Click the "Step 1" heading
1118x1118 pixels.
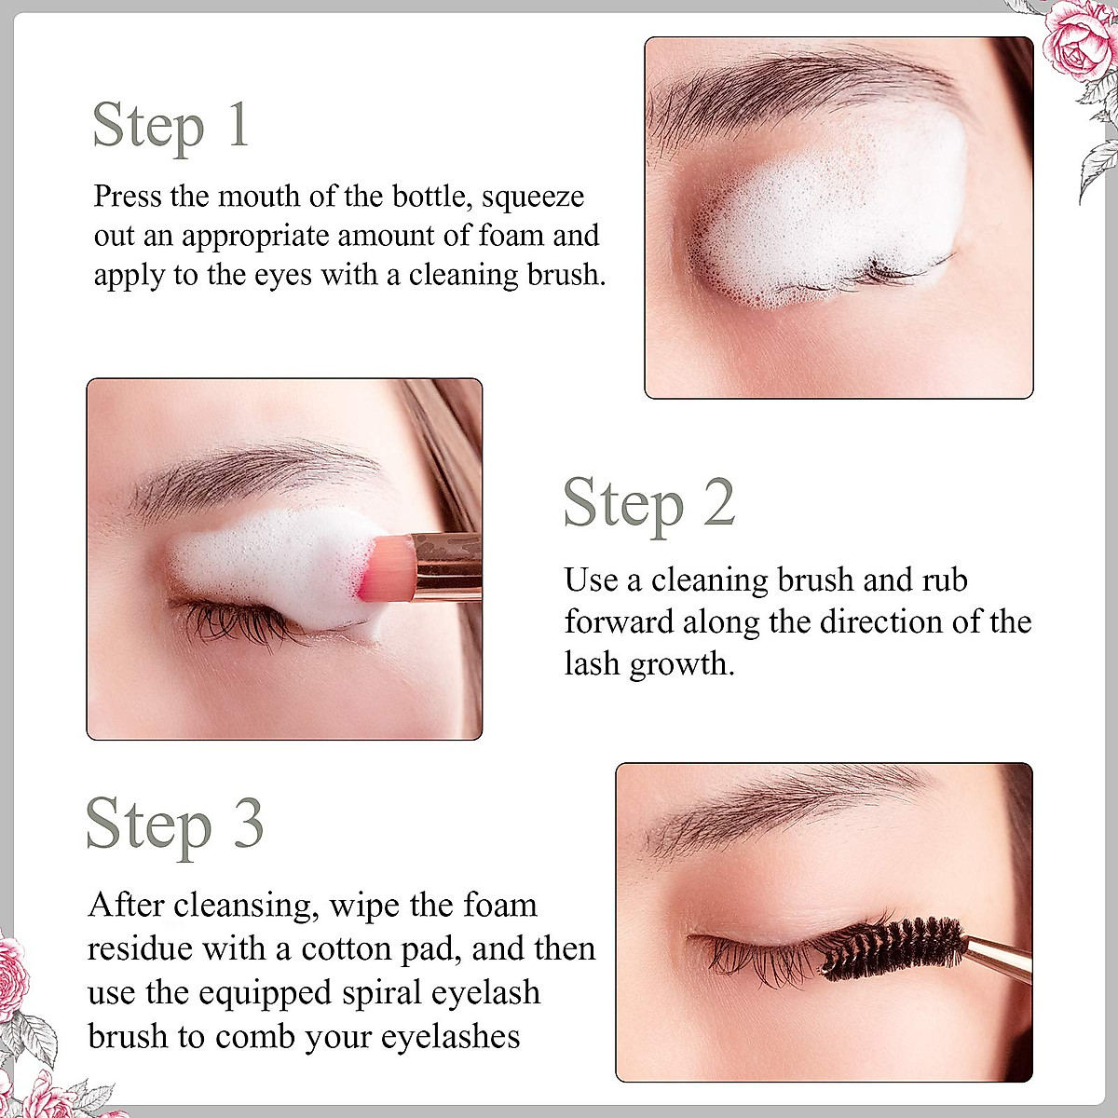click(171, 126)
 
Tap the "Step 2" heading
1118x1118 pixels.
click(649, 504)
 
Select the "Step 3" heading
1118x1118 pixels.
click(174, 825)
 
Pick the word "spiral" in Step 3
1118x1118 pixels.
click(382, 993)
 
